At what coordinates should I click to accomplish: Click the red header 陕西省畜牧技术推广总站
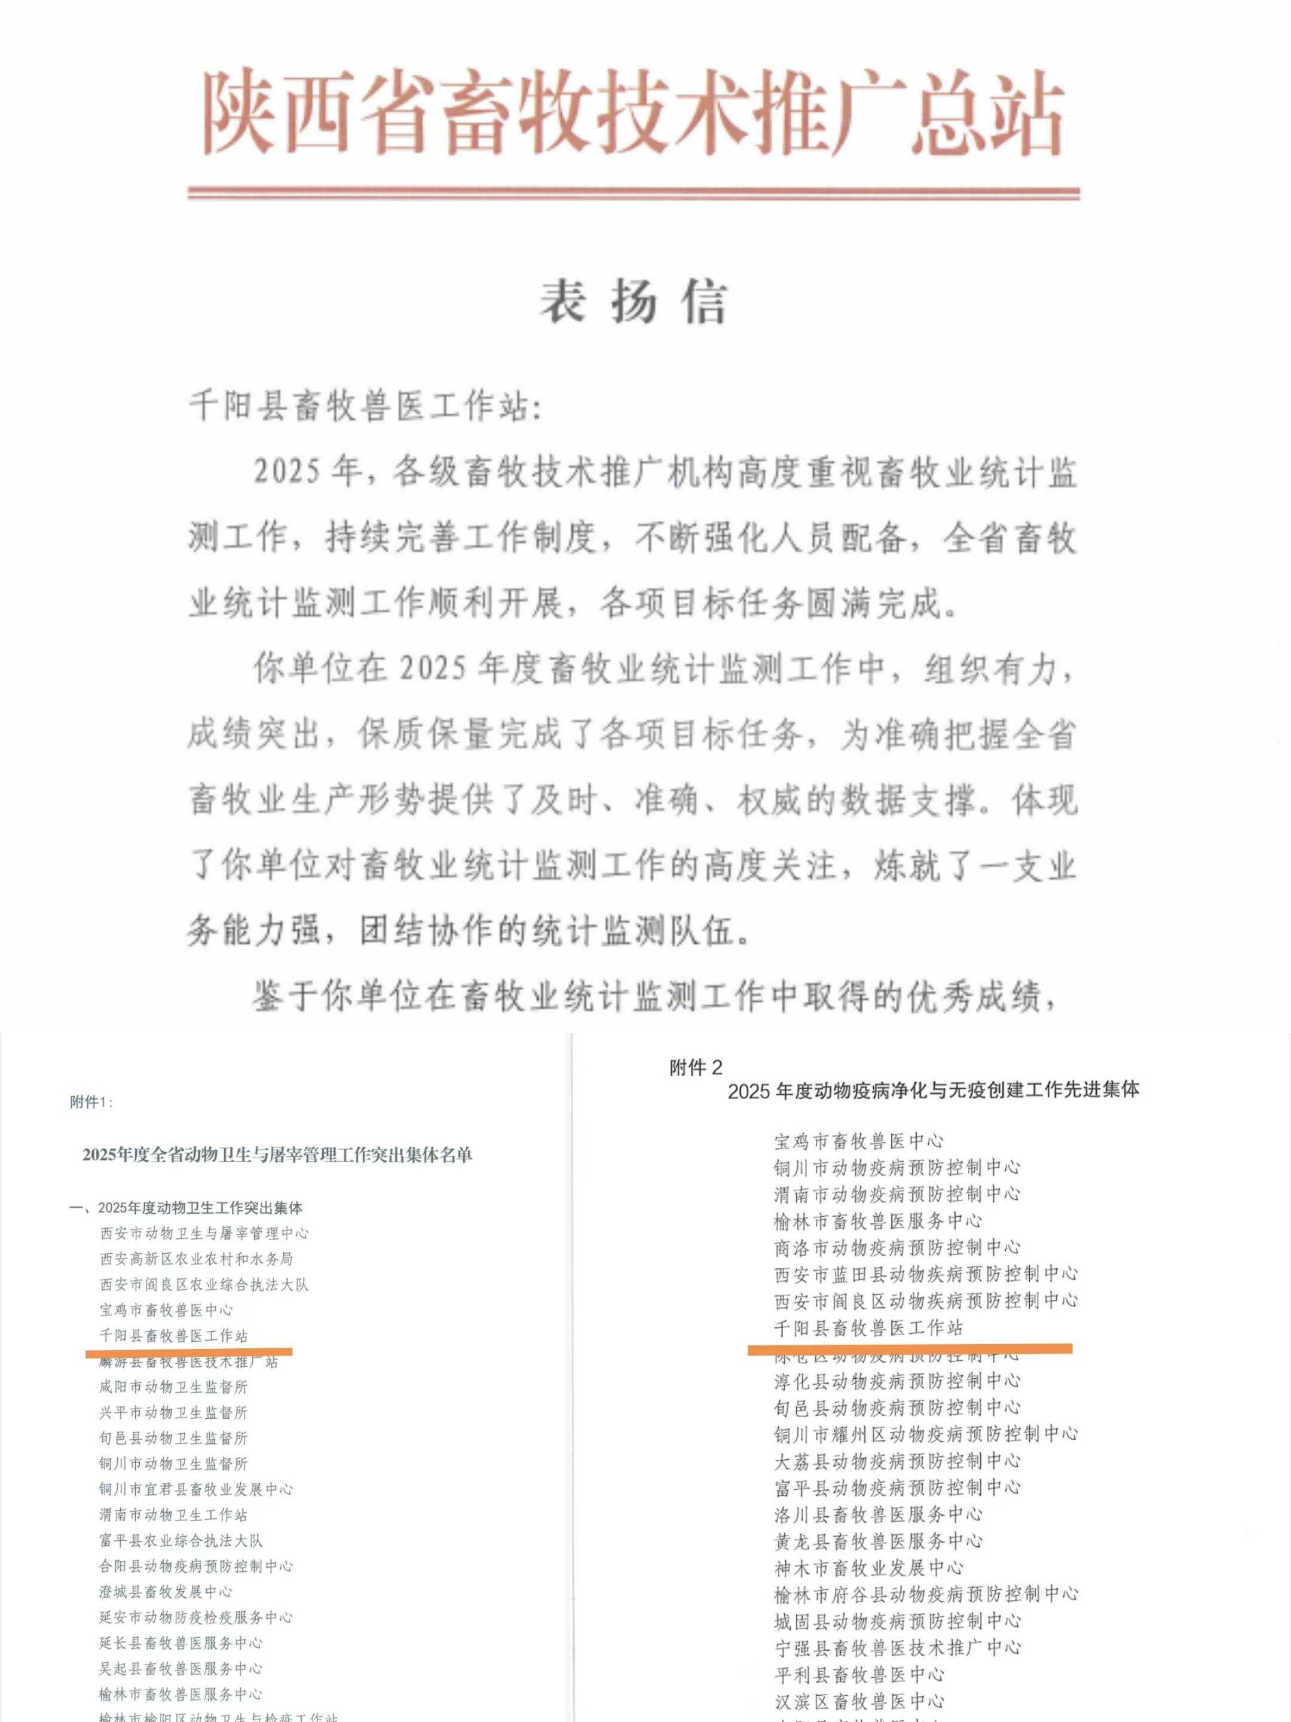click(x=634, y=114)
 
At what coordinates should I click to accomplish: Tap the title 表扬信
click(x=634, y=301)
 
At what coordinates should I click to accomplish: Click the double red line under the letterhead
click(x=634, y=193)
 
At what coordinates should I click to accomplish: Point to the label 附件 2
click(x=696, y=1067)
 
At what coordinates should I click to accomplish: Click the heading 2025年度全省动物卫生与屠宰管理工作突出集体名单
click(x=277, y=1155)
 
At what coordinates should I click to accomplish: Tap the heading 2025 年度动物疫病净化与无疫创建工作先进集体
click(x=933, y=1090)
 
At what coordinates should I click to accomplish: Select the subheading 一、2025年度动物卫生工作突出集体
click(x=186, y=1208)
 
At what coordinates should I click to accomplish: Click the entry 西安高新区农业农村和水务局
click(x=196, y=1259)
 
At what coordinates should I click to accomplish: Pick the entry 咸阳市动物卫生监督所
click(x=173, y=1387)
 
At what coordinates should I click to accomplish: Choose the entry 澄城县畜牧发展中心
click(x=166, y=1591)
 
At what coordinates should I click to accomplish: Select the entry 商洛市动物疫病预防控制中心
click(x=897, y=1247)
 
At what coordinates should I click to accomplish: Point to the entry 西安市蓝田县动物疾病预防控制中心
click(x=926, y=1274)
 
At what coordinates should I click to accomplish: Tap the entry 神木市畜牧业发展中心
click(x=868, y=1567)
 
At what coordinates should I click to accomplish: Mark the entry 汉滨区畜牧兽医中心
click(x=859, y=1701)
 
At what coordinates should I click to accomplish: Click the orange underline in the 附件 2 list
click(x=910, y=1348)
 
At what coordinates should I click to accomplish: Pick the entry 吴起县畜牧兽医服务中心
click(x=181, y=1668)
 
